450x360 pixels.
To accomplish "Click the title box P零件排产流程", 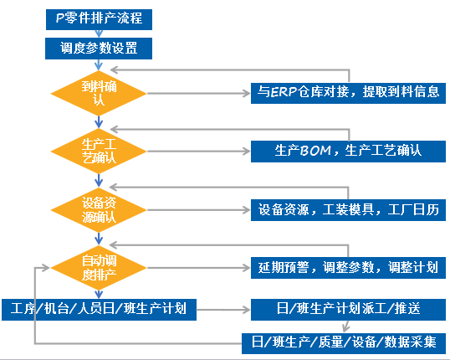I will pos(98,18).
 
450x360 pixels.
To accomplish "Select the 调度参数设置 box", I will pos(98,49).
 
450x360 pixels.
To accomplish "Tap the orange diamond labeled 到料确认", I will pos(98,93).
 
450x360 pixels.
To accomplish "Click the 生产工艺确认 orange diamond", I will pos(98,150).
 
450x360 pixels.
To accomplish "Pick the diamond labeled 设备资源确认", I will pos(98,208).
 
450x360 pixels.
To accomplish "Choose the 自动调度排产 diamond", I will pos(98,267).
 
